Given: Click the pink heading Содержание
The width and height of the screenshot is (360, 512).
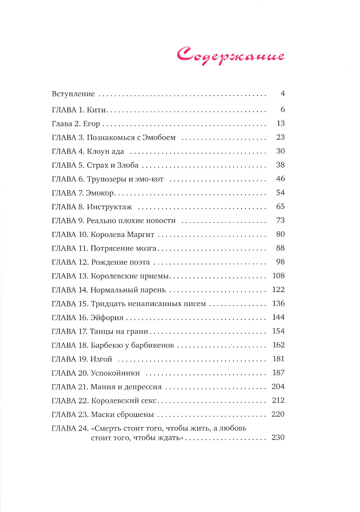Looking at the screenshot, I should point(230,55).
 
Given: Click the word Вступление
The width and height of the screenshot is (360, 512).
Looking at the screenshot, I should point(73,94).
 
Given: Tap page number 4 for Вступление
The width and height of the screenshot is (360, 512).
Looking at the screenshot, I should point(283,94).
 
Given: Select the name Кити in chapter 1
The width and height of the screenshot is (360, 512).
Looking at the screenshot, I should point(96,110).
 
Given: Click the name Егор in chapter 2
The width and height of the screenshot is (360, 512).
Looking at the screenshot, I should point(91,124).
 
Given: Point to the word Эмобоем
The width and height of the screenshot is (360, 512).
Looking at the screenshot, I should point(159,138).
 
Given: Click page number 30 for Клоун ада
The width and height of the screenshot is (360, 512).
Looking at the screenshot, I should point(280,151).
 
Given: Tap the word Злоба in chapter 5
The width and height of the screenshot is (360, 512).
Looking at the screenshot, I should point(128,165).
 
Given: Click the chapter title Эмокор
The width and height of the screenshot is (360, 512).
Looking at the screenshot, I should point(100,193).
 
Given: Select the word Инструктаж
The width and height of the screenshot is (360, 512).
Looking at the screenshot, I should point(109,207).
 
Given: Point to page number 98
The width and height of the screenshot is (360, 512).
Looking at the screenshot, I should point(280,262).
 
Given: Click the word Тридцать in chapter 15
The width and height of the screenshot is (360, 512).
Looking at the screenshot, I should point(107,304).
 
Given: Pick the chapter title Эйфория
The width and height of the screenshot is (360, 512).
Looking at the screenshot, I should point(107,318).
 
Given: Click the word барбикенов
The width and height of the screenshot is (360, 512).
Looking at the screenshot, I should point(152,345).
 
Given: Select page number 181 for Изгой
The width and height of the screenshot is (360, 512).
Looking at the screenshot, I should point(278,359).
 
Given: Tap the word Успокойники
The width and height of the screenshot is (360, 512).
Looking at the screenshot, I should point(115,373).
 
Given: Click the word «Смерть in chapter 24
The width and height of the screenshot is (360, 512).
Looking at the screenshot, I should point(106,428).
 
